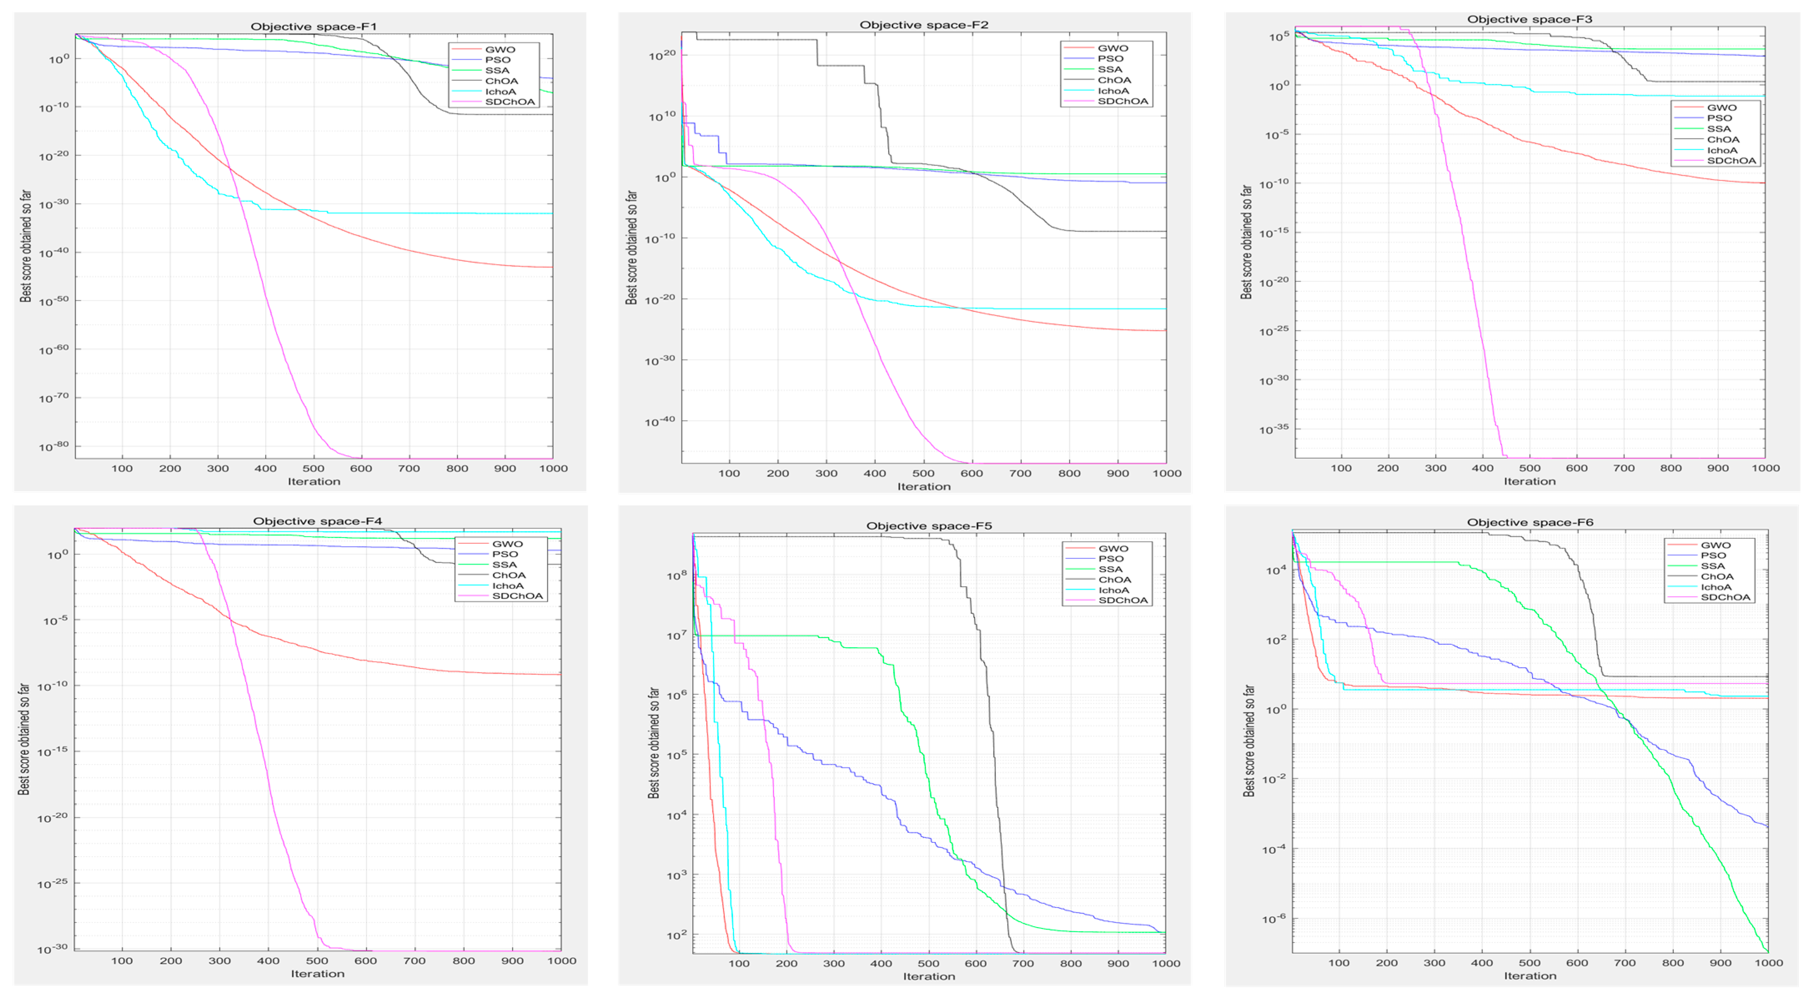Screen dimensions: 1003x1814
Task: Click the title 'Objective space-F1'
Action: tap(314, 27)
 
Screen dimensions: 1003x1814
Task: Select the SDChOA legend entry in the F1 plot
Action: tap(510, 102)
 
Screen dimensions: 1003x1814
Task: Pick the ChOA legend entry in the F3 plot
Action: tap(1723, 139)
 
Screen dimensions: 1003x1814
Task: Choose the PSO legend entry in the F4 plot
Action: tap(505, 554)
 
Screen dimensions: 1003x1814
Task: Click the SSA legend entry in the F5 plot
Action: tap(1111, 569)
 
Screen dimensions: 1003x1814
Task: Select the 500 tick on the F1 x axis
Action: tap(314, 468)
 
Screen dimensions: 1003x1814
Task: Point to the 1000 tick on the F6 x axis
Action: tap(1768, 963)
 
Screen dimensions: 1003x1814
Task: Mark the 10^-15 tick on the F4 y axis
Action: tap(53, 752)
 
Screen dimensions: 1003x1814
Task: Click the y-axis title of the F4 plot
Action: tap(24, 739)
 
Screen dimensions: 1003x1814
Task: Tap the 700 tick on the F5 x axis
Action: tap(1023, 963)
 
